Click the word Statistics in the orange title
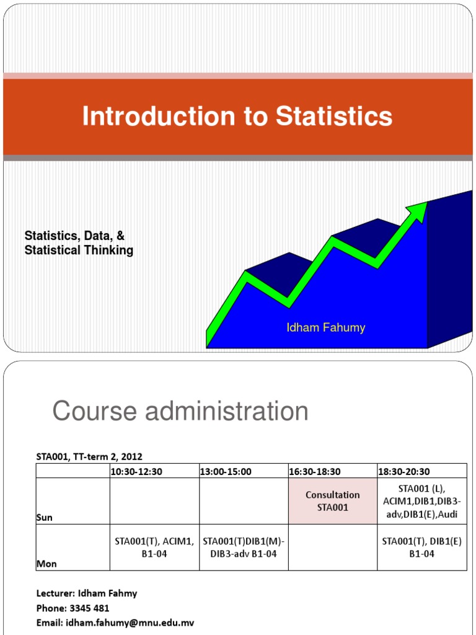[x=334, y=117]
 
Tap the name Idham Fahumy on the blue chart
[x=325, y=327]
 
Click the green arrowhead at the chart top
[x=420, y=209]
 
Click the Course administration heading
[x=180, y=411]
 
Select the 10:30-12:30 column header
[x=136, y=472]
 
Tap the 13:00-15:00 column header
[x=226, y=472]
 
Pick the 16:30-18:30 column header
[x=315, y=472]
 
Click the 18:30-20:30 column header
[x=404, y=472]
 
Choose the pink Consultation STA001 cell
[x=332, y=501]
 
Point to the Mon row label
[x=46, y=563]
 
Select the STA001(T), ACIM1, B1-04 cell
[x=154, y=547]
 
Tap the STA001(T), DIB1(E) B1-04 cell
[x=421, y=547]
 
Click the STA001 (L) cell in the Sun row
[x=421, y=500]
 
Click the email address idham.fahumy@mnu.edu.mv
[x=133, y=622]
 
